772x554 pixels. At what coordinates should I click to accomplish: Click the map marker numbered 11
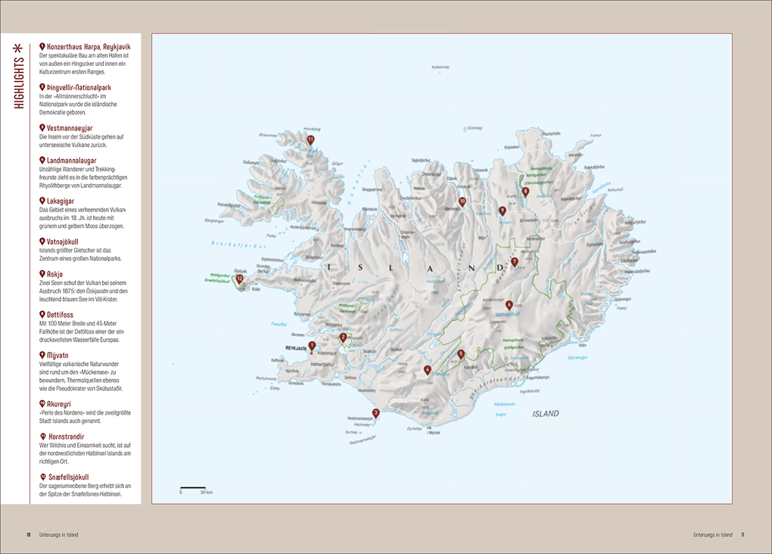coord(310,139)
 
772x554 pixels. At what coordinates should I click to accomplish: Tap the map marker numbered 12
coord(240,279)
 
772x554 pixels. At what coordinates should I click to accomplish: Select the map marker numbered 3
coord(375,413)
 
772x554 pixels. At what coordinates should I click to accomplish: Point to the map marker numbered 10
coord(462,202)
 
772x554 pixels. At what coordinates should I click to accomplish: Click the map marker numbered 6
coord(509,305)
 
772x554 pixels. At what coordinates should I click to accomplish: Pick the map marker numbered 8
coord(525,192)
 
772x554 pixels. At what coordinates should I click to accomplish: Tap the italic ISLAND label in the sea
coord(545,414)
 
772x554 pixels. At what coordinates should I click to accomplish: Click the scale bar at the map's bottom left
coord(193,487)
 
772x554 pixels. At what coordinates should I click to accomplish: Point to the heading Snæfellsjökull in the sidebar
coord(73,477)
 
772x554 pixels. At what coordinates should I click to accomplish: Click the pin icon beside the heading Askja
coord(42,274)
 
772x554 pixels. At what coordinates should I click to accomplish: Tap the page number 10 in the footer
coord(29,535)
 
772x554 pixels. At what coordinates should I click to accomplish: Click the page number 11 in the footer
coord(743,535)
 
